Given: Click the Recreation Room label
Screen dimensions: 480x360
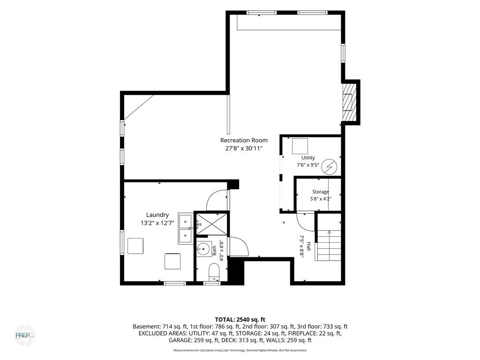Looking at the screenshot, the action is tap(244, 141).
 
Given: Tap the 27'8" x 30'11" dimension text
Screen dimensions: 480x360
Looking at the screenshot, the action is tap(244, 149).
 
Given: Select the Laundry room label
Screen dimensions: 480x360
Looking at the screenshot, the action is tap(157, 215).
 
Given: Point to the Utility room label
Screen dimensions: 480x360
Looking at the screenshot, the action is tap(308, 158).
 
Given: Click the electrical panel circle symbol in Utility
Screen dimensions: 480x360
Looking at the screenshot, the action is tap(330, 166).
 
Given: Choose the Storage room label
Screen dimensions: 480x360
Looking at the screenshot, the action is tap(321, 192).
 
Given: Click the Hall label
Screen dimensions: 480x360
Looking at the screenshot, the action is tap(309, 247).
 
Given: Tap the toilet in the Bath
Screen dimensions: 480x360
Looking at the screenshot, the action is tap(213, 272).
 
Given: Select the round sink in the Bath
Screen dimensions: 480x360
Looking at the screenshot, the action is tap(203, 248).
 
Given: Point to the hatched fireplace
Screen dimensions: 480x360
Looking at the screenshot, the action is tap(350, 102).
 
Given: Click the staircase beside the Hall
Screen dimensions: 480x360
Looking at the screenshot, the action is tap(329, 246).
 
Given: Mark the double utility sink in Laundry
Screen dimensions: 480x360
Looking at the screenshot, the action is tap(186, 228).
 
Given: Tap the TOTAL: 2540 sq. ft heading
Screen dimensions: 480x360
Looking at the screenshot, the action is tap(240, 320).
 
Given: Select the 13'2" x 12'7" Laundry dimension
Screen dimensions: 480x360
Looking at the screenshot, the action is tap(157, 223).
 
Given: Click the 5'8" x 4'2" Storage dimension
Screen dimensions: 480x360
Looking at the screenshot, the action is tap(321, 199).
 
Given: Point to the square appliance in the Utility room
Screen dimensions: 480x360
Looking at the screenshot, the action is tap(300, 146).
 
